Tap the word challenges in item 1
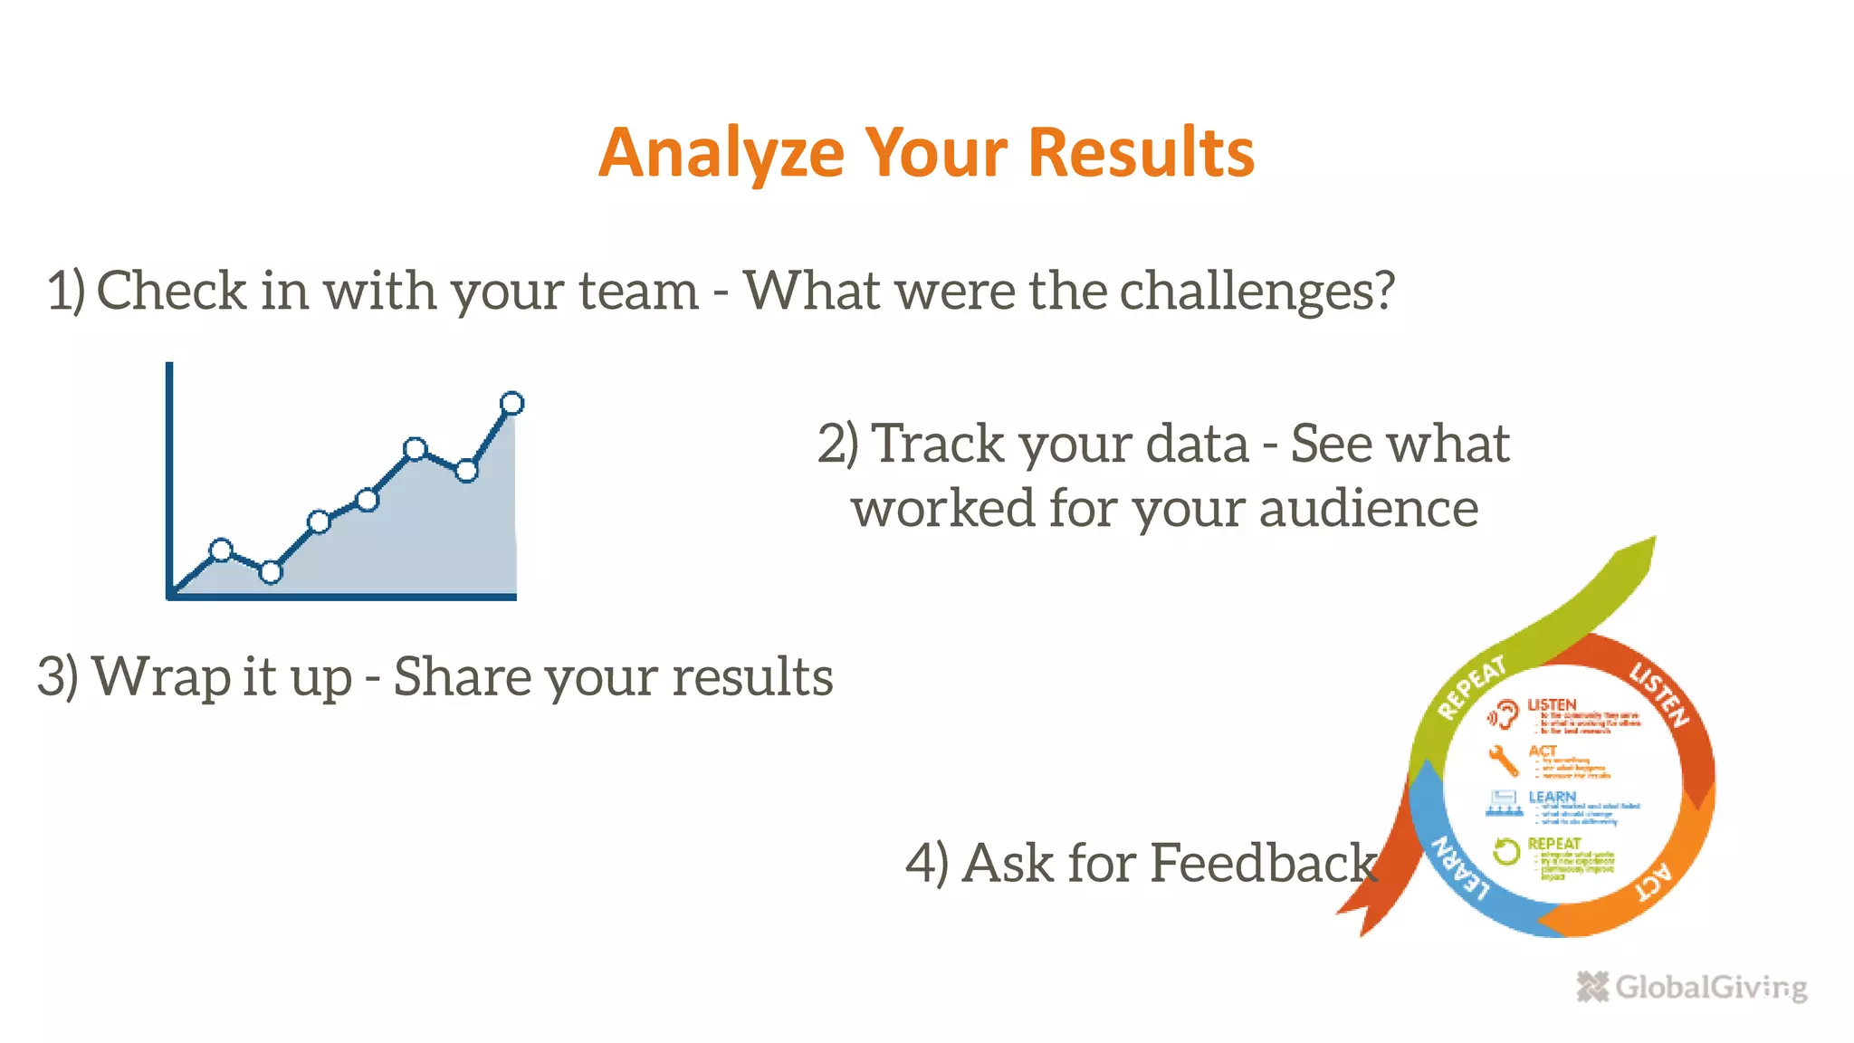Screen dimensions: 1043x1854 (x=1257, y=292)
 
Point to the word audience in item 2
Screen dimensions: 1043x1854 (x=1368, y=508)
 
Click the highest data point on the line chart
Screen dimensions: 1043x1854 (x=511, y=403)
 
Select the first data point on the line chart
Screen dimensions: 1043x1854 (x=221, y=550)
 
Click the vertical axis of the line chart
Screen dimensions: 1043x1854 (x=169, y=471)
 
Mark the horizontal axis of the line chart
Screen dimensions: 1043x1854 (x=344, y=597)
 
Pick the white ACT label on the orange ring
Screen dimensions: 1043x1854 (x=1656, y=882)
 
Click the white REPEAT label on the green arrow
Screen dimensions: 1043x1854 (x=1471, y=687)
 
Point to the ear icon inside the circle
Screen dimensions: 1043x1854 (x=1503, y=715)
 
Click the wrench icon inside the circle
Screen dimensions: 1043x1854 (x=1503, y=761)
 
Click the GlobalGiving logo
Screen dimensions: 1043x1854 (x=1691, y=986)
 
